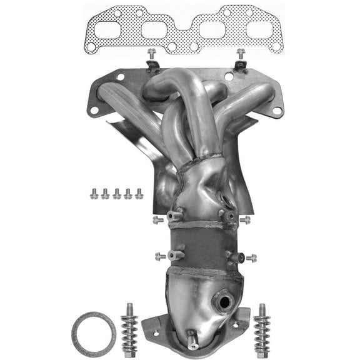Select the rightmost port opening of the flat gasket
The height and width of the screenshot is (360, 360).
click(x=259, y=29)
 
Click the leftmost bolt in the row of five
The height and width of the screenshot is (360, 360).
click(x=94, y=194)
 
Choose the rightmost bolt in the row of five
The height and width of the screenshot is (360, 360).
click(x=139, y=194)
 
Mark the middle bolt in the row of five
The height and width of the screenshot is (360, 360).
click(x=116, y=194)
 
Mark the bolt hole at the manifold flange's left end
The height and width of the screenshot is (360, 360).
click(x=94, y=111)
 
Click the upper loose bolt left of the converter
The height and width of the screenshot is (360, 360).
click(x=158, y=219)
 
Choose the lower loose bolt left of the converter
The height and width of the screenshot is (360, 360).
click(x=160, y=256)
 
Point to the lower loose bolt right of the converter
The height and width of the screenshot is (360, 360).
click(x=251, y=257)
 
